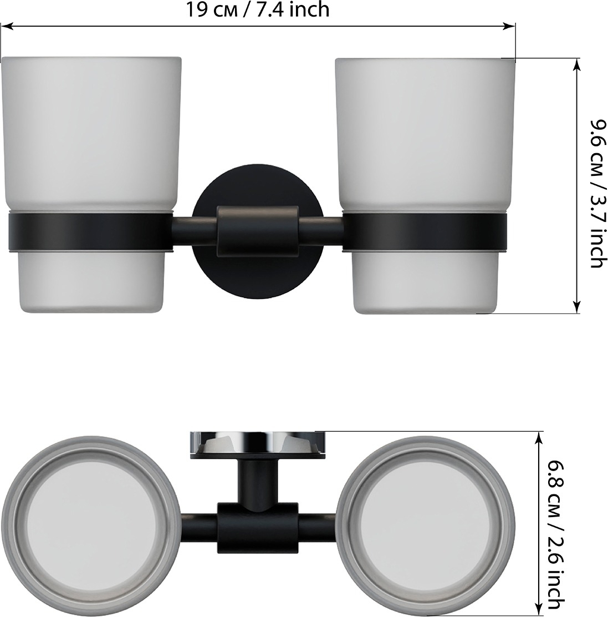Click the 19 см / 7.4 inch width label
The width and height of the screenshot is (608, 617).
coord(257,9)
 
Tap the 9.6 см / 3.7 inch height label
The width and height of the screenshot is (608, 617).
coord(598,194)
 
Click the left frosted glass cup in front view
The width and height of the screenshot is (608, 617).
coord(91,185)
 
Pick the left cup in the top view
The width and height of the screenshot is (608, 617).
coord(91,525)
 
